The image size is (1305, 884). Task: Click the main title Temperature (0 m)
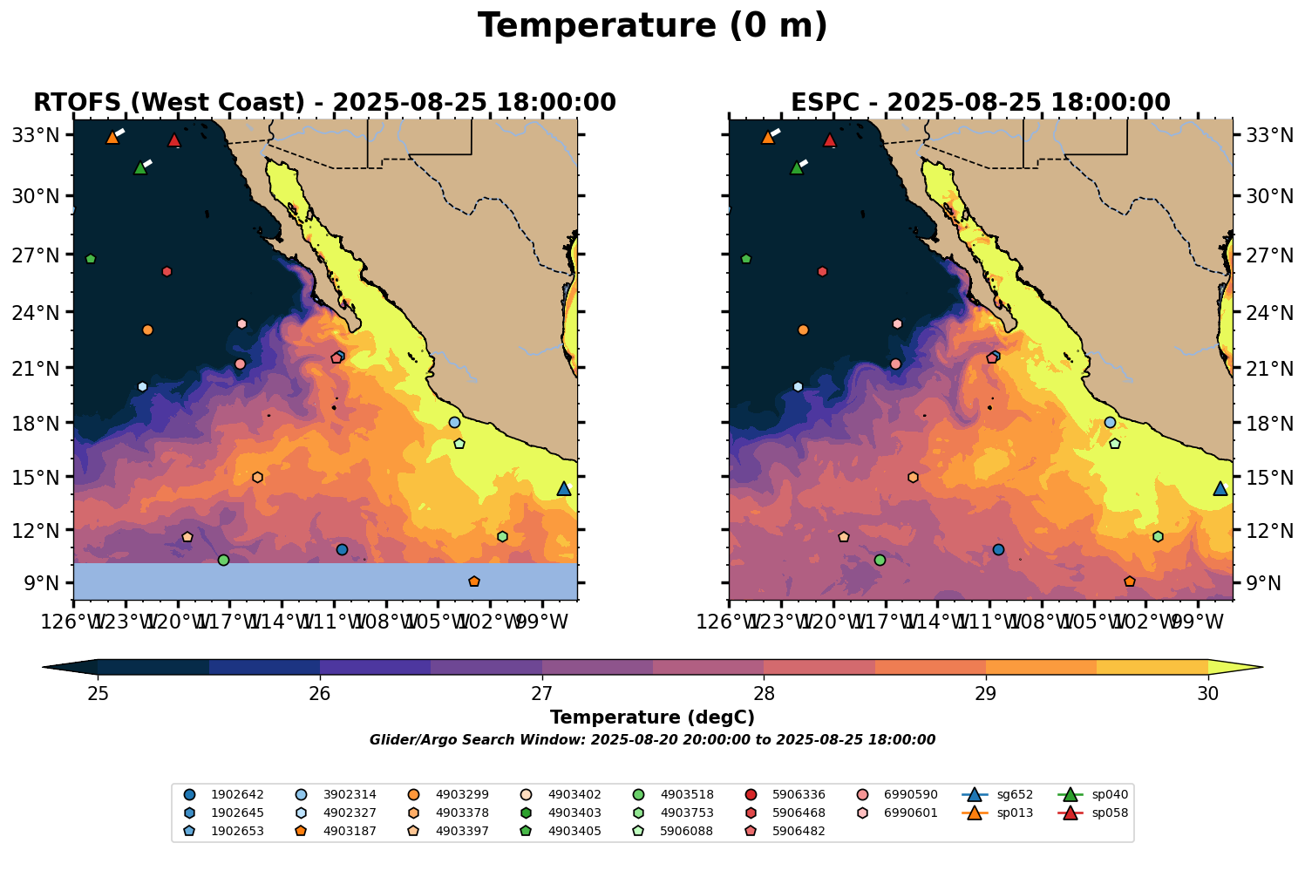(652, 26)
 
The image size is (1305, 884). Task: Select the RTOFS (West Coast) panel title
(324, 103)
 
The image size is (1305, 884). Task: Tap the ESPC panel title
(980, 103)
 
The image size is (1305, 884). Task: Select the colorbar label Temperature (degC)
(652, 717)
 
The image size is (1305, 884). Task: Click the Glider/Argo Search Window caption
(652, 740)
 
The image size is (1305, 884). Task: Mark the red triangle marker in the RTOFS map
(174, 140)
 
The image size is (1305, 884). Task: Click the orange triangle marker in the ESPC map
(768, 138)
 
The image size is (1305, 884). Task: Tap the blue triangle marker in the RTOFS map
(564, 489)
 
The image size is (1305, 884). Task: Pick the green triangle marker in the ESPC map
(796, 168)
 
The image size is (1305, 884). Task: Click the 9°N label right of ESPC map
(1255, 583)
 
